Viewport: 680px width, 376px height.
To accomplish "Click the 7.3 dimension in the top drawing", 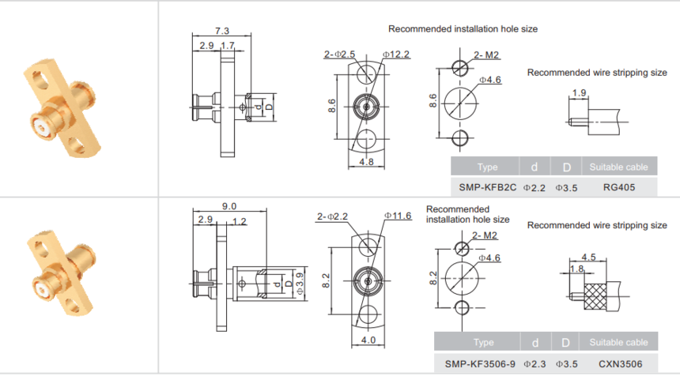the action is pyautogui.click(x=221, y=31).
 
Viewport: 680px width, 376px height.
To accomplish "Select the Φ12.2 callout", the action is pyautogui.click(x=396, y=55).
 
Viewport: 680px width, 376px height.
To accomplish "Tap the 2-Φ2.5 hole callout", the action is pyautogui.click(x=339, y=55).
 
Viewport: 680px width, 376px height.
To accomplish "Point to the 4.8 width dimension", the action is pyautogui.click(x=366, y=162).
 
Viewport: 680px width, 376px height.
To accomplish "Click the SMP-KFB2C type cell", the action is pyautogui.click(x=487, y=187).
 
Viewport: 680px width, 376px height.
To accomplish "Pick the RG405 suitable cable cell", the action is pyautogui.click(x=619, y=187).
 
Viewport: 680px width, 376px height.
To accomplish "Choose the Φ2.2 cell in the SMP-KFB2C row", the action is pyautogui.click(x=535, y=187).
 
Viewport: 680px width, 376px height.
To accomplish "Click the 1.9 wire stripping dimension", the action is pyautogui.click(x=579, y=92).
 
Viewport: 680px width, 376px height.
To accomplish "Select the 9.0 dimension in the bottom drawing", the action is pyautogui.click(x=229, y=206).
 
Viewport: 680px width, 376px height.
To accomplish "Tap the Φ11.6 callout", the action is pyautogui.click(x=398, y=216).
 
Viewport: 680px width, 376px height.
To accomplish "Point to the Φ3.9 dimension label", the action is pyautogui.click(x=300, y=284).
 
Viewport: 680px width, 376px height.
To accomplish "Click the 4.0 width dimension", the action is pyautogui.click(x=368, y=340).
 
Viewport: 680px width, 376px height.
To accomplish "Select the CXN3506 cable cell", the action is pyautogui.click(x=620, y=364).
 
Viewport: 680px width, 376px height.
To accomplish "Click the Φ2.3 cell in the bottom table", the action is pyautogui.click(x=535, y=364).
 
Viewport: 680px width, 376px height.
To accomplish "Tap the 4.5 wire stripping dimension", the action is pyautogui.click(x=588, y=258).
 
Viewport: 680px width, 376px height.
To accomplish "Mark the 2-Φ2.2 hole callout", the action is pyautogui.click(x=332, y=216).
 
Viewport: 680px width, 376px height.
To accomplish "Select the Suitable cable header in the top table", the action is pyautogui.click(x=618, y=167).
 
